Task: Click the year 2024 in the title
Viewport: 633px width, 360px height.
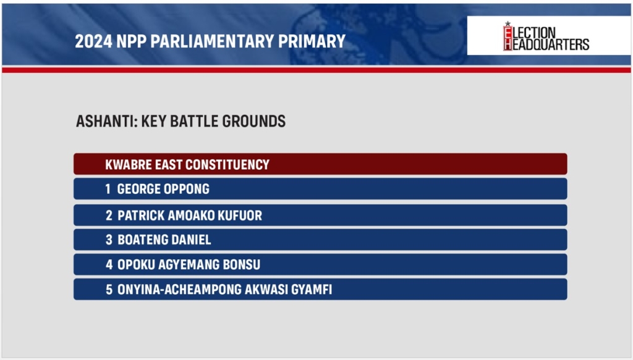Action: click(93, 41)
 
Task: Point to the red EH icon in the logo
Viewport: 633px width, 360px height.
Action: click(508, 37)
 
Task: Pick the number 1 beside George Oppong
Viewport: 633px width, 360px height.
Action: click(108, 189)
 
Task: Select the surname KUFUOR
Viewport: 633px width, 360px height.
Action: click(240, 216)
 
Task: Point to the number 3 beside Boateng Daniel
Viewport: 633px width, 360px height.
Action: click(109, 240)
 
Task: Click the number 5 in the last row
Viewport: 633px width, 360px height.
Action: click(109, 290)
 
